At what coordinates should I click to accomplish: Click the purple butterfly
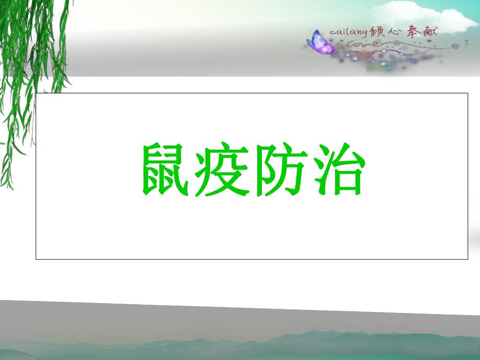(x=321, y=43)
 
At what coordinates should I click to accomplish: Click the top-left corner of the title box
(x=36, y=93)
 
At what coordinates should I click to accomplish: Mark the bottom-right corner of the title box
(x=468, y=259)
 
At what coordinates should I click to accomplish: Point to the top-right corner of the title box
(x=468, y=93)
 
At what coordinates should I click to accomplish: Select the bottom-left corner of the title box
(x=36, y=259)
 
